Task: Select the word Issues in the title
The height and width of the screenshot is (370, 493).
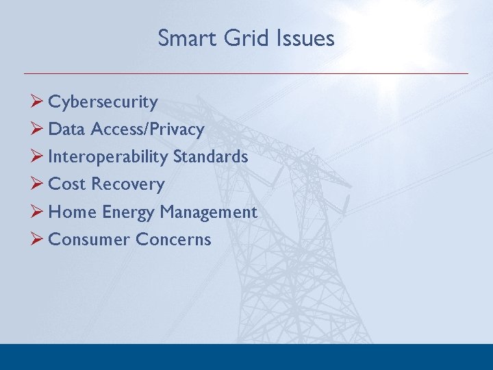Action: tap(306, 38)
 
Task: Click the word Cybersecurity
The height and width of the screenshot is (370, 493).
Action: tap(103, 102)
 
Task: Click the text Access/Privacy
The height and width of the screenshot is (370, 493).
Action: tap(147, 129)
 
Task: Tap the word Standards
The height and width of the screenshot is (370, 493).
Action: tap(210, 157)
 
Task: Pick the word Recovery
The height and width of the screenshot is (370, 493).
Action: tap(128, 184)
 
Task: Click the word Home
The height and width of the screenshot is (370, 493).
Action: tap(73, 212)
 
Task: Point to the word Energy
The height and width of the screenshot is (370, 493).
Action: tap(128, 212)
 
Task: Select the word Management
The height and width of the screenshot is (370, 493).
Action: tap(208, 212)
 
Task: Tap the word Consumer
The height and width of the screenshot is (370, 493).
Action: tap(89, 240)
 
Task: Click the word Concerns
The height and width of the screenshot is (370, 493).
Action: tap(173, 240)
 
